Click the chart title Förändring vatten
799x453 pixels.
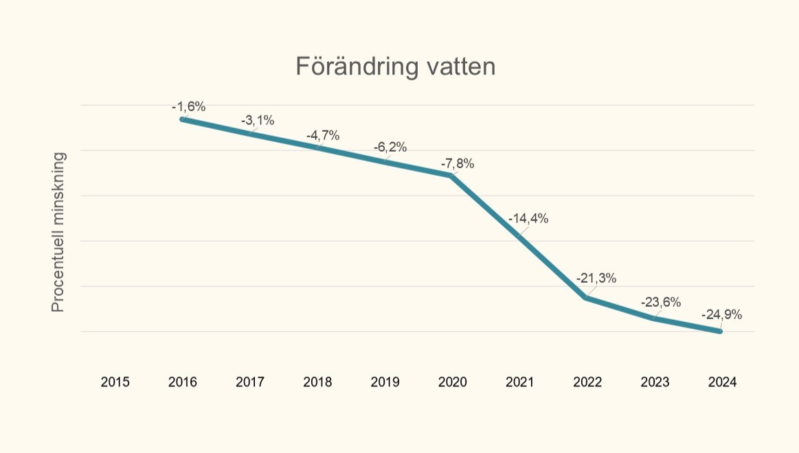click(395, 67)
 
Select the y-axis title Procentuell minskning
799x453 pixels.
click(58, 232)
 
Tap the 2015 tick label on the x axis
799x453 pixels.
click(115, 382)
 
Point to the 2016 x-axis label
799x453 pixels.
click(182, 382)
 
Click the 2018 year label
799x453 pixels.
click(317, 382)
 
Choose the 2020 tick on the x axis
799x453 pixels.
click(452, 382)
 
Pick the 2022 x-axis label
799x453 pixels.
click(587, 382)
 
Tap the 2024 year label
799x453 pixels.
click(722, 382)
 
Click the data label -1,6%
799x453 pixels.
click(188, 106)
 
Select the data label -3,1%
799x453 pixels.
click(257, 121)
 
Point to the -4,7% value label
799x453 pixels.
click(323, 135)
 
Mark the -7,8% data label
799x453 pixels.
click(458, 163)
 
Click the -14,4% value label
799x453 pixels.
click(528, 219)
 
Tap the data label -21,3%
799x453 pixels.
click(596, 278)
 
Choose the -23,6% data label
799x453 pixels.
click(661, 302)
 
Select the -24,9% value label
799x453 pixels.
click(721, 314)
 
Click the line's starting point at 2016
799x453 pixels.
click(182, 119)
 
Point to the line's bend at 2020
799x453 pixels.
click(451, 176)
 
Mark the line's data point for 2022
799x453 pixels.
click(586, 298)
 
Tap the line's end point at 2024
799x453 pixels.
click(720, 331)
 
